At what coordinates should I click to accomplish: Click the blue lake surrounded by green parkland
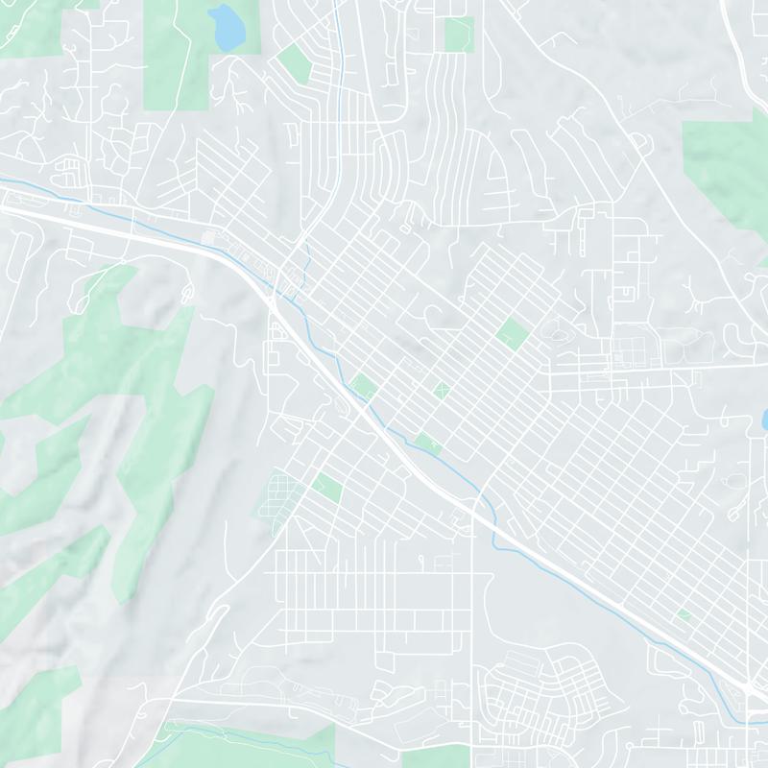pyautogui.click(x=228, y=27)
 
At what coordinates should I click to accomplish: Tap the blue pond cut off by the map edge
pyautogui.click(x=763, y=420)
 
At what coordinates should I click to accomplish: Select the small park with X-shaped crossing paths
pyautogui.click(x=441, y=390)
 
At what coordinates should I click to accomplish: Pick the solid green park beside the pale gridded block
pyautogui.click(x=326, y=488)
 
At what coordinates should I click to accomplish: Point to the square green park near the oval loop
pyautogui.click(x=513, y=333)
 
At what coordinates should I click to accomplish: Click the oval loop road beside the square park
pyautogui.click(x=556, y=332)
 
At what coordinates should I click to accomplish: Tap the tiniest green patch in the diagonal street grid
pyautogui.click(x=684, y=613)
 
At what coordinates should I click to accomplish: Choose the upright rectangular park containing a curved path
pyautogui.click(x=458, y=35)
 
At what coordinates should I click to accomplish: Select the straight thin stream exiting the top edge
pyautogui.click(x=341, y=38)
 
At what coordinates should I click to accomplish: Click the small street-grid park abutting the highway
pyautogui.click(x=363, y=387)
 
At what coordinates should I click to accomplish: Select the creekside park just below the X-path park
pyautogui.click(x=428, y=443)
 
